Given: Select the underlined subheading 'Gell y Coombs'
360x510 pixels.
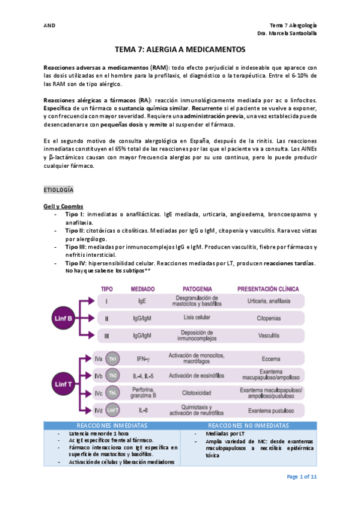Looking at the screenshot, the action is pos(64,206).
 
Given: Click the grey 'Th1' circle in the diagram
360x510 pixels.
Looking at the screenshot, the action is pos(112,359).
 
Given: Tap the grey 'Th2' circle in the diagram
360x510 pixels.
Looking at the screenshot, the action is pos(112,376).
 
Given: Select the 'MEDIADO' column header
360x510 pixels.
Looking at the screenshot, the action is pos(142,289).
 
